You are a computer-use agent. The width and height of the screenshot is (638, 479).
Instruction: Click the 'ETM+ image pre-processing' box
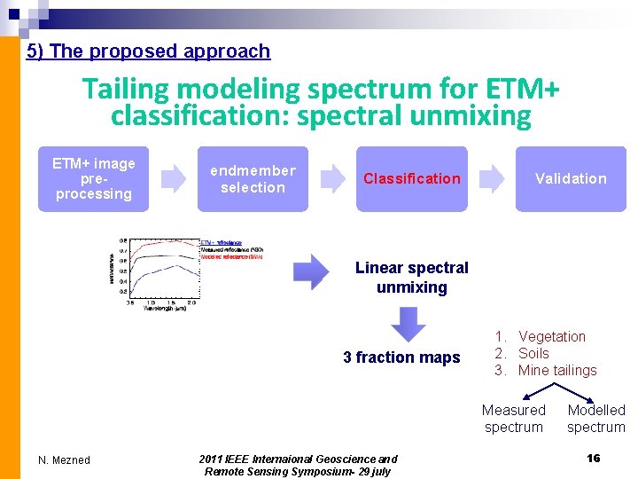(x=93, y=178)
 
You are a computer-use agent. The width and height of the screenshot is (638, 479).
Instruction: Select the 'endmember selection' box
(x=253, y=178)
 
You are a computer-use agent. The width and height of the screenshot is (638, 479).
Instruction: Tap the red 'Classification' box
(x=412, y=178)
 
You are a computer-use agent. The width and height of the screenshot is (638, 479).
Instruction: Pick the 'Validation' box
(x=571, y=178)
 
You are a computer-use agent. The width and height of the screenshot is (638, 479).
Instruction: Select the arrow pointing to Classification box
(x=333, y=178)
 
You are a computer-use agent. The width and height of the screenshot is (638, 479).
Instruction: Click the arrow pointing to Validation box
(x=493, y=178)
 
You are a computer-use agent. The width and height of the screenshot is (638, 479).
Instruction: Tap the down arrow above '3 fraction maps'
(x=409, y=325)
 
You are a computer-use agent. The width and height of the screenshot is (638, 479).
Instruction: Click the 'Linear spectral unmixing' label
(x=412, y=278)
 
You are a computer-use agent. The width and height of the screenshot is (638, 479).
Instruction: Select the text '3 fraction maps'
(x=401, y=357)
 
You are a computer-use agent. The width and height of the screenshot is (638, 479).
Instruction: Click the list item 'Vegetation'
(x=551, y=336)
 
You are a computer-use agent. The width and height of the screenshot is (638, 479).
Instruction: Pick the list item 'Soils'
(x=533, y=353)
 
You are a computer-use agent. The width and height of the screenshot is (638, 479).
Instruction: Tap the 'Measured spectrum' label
(x=514, y=418)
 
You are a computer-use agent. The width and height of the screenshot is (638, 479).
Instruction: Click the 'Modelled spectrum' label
(x=596, y=418)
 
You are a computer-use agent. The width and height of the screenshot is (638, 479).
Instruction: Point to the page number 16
(x=594, y=457)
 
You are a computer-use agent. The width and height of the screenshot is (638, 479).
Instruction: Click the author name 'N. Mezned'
(x=64, y=459)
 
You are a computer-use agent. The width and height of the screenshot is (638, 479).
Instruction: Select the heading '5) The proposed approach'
(x=148, y=51)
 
